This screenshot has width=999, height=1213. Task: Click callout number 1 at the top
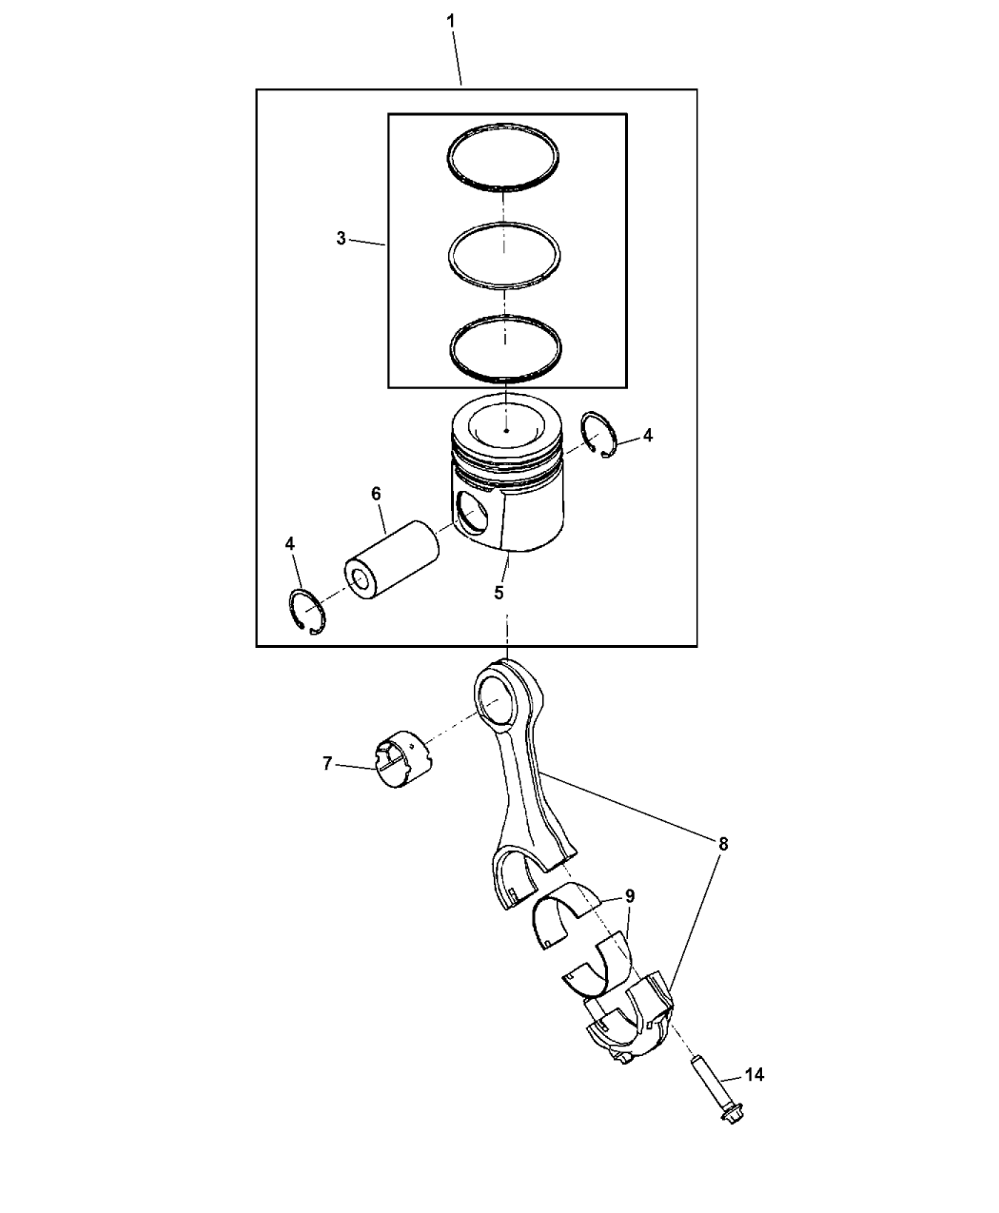[450, 22]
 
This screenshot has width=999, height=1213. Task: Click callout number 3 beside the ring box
[342, 238]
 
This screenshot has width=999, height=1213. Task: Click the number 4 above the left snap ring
[289, 544]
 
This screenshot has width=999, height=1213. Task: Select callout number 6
[376, 494]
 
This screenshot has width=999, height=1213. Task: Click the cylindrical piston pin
[392, 560]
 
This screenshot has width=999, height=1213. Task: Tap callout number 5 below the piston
[499, 593]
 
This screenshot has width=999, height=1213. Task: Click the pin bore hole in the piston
[473, 511]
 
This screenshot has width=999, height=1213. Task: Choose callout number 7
[327, 763]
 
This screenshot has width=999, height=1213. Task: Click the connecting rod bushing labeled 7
[402, 757]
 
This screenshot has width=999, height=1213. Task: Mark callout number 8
[723, 844]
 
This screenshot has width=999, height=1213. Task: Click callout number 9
[630, 896]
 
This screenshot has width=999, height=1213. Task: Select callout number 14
[754, 1075]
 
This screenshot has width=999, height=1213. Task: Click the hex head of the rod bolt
[733, 1115]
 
